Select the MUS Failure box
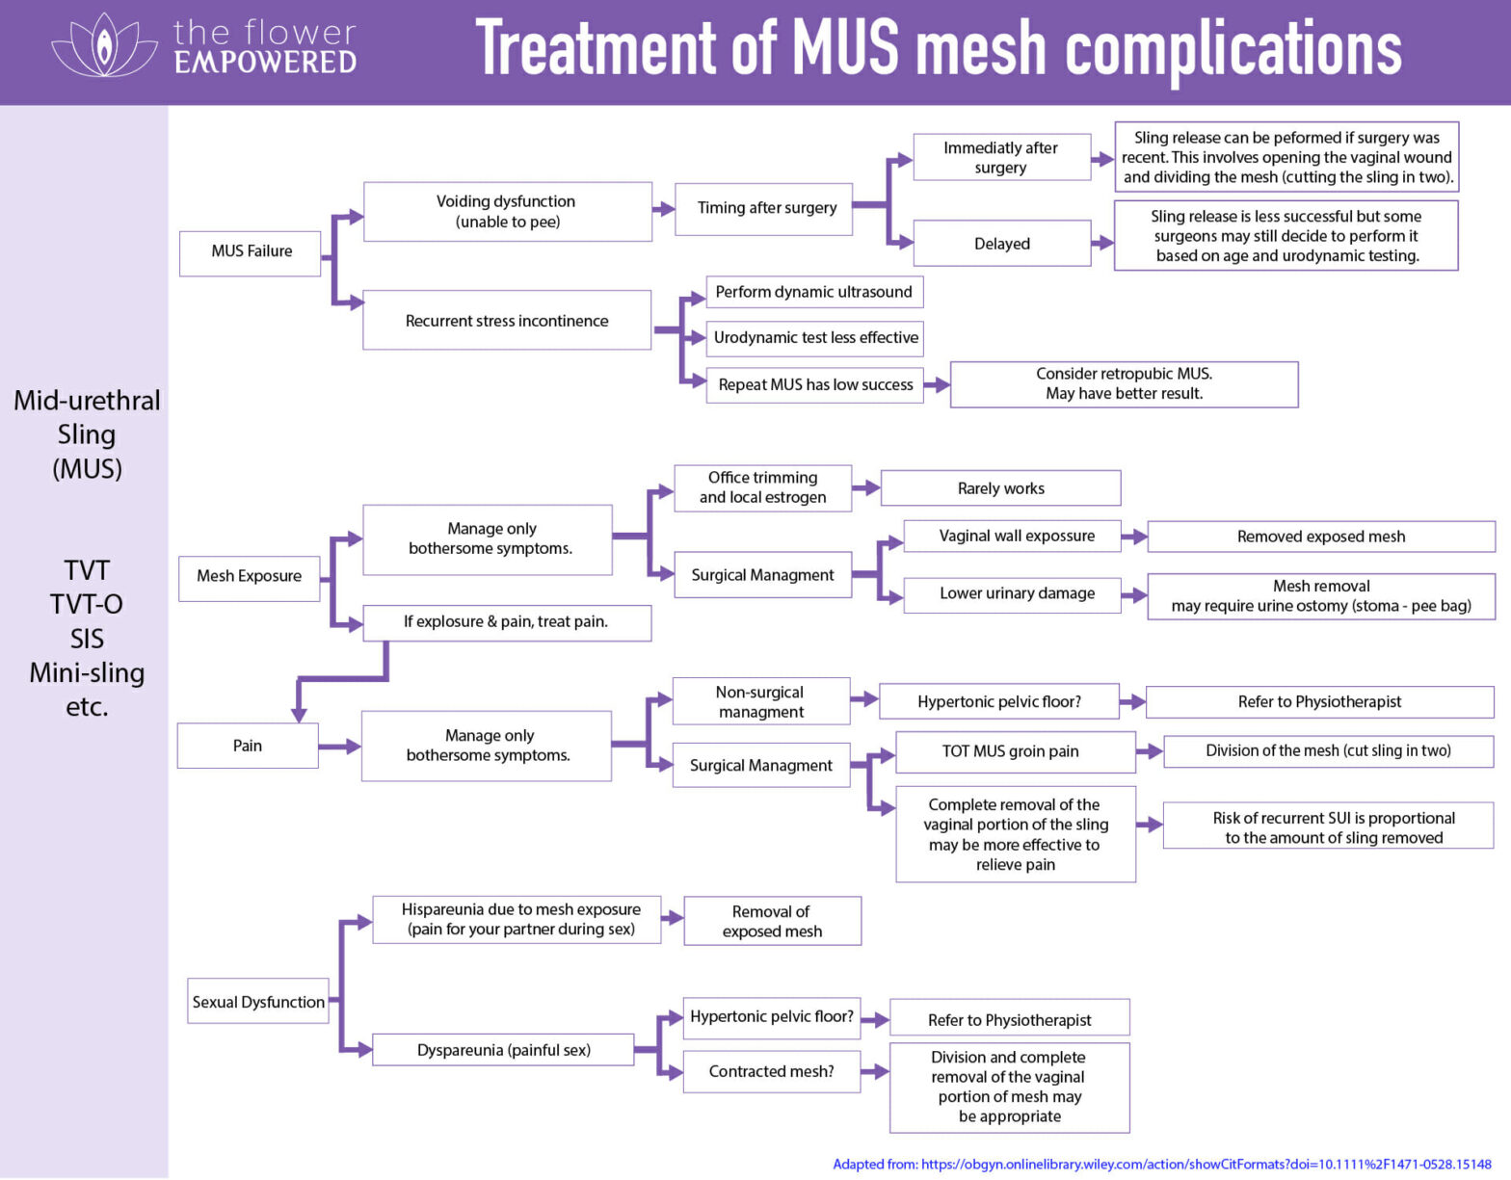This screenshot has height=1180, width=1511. (x=251, y=252)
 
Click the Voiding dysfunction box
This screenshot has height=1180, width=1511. (x=507, y=211)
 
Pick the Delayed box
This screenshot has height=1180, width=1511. (x=1001, y=244)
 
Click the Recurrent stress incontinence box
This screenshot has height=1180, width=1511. (x=507, y=321)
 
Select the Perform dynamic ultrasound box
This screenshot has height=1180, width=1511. (x=814, y=292)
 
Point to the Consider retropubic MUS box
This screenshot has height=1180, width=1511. (x=1124, y=383)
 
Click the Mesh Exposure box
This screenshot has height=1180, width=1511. (x=250, y=577)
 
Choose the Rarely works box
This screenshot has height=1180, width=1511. (x=1000, y=488)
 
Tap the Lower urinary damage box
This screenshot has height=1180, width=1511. (x=1016, y=594)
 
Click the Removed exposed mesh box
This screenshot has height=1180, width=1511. (x=1320, y=537)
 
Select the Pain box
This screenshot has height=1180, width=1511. (x=248, y=746)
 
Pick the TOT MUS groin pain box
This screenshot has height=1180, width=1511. (x=1011, y=751)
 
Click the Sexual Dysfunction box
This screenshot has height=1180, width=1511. (x=258, y=1002)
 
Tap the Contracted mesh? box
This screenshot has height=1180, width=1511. (x=771, y=1071)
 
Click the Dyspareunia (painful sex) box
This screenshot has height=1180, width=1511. (x=503, y=1050)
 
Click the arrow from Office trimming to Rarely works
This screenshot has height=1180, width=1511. (x=866, y=488)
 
